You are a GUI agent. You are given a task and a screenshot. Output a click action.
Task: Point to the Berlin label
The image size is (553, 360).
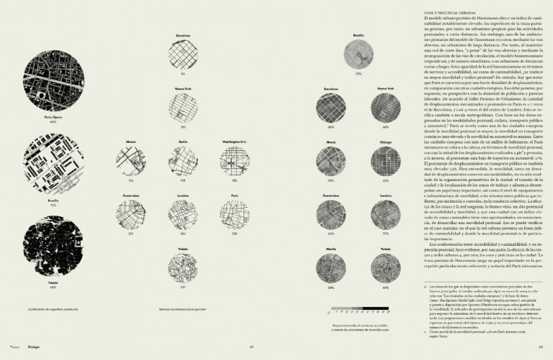tap(184, 142)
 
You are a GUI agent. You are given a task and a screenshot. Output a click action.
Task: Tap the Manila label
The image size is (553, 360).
tap(332, 248)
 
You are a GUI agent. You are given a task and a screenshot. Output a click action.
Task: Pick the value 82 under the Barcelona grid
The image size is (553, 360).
tap(183, 73)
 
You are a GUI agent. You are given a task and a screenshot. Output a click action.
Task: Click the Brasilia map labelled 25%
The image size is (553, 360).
tap(358, 54)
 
